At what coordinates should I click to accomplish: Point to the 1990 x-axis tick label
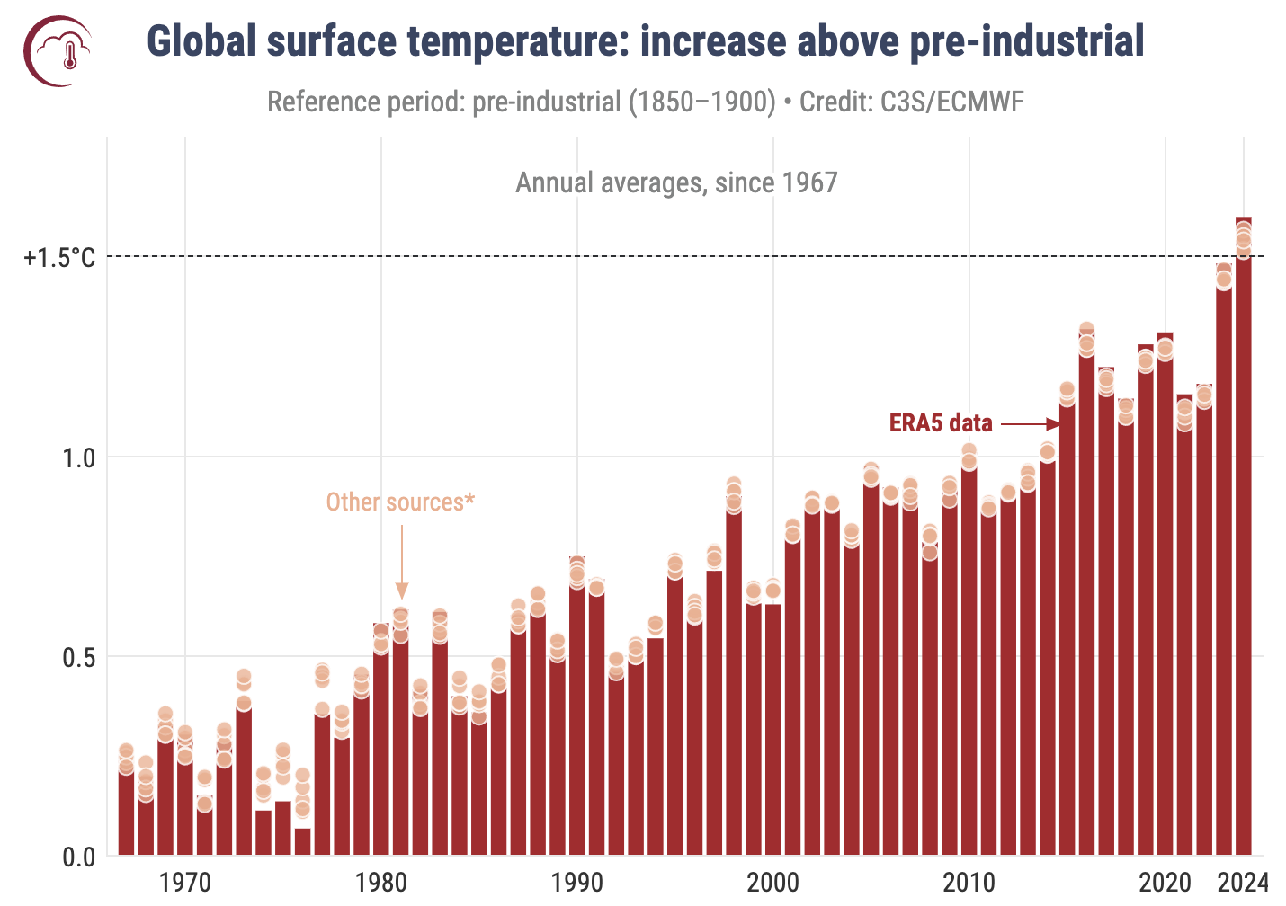577,882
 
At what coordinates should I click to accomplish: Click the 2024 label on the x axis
1245,882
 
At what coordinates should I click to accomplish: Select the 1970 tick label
185,882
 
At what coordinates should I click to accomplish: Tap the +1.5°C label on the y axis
59,259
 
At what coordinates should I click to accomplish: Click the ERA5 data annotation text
941,423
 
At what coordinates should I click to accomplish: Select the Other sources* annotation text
400,502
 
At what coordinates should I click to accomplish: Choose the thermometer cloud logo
59,50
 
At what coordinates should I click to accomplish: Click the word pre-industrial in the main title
1027,42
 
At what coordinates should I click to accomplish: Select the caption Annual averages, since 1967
676,183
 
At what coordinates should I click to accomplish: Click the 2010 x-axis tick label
969,882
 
